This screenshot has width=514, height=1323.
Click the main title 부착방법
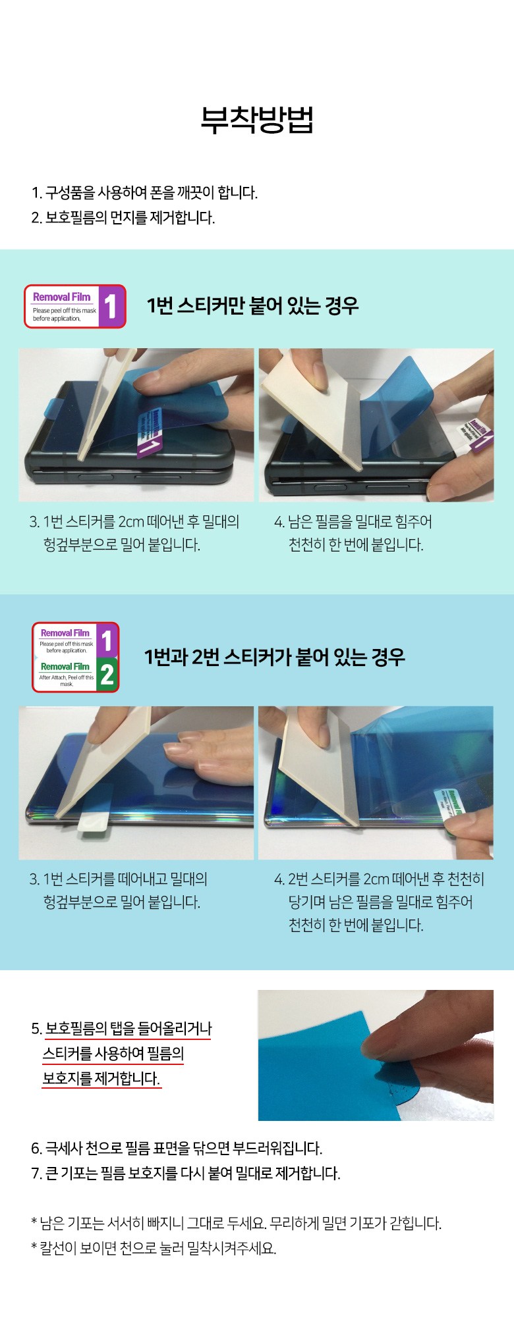(257, 120)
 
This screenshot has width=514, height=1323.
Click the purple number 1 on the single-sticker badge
(111, 306)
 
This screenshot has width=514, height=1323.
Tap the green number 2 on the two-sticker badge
(107, 675)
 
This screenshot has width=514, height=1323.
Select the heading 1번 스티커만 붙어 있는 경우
(252, 305)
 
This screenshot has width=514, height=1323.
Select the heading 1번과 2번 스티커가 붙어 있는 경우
(274, 656)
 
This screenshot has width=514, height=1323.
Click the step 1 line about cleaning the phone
(144, 193)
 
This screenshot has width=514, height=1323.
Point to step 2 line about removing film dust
(123, 217)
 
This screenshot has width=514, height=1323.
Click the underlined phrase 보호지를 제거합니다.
(101, 1078)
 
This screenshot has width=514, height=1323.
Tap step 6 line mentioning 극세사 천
(177, 1148)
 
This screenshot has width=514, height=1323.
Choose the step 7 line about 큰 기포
(186, 1173)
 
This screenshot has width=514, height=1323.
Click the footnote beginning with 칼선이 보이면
(154, 1248)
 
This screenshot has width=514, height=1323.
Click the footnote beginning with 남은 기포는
(236, 1223)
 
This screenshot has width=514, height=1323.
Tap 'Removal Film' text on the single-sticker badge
(62, 297)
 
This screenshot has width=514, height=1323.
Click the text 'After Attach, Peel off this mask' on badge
(67, 680)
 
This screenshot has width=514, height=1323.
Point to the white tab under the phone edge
(92, 825)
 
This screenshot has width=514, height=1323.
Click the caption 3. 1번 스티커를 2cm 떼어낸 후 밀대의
(134, 522)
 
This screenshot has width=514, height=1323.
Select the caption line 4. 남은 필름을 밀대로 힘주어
(353, 522)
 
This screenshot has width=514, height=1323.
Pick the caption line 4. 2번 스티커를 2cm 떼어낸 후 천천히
(380, 879)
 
